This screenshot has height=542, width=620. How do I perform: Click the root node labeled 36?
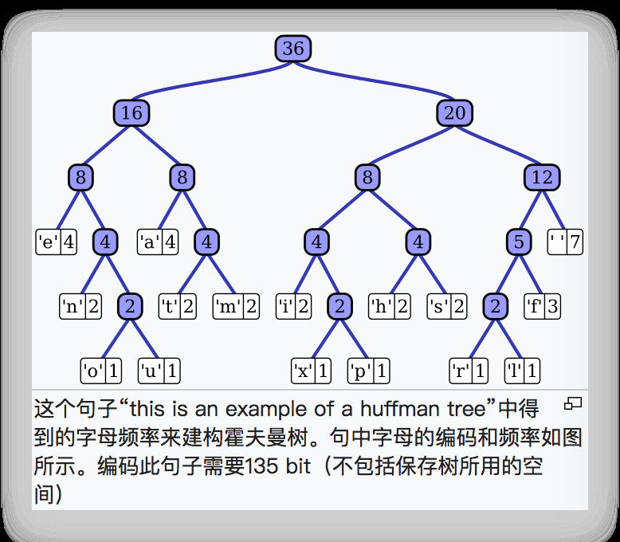point(292,49)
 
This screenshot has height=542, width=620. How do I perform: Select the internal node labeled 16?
point(131,113)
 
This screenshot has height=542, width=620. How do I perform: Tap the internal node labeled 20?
point(454,113)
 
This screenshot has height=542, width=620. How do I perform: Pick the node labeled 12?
point(542,177)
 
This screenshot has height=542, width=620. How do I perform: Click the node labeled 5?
point(519,242)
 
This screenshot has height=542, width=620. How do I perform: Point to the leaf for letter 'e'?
point(57,242)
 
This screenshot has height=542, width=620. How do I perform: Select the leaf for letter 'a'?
point(158,242)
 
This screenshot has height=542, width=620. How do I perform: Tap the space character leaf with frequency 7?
point(566,242)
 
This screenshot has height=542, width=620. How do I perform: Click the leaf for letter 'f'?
point(542,306)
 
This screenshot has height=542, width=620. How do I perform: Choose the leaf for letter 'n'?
point(81,306)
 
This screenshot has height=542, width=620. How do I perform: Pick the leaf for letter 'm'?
point(236,306)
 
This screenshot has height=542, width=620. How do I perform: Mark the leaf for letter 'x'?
point(312,371)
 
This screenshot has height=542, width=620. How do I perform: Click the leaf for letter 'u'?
point(159,371)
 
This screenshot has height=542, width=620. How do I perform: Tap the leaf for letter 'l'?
point(522,371)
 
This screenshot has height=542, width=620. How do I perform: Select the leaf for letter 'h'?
point(390,306)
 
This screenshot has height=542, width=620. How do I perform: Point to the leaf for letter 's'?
point(447,306)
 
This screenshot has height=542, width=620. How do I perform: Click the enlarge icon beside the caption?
point(573,404)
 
